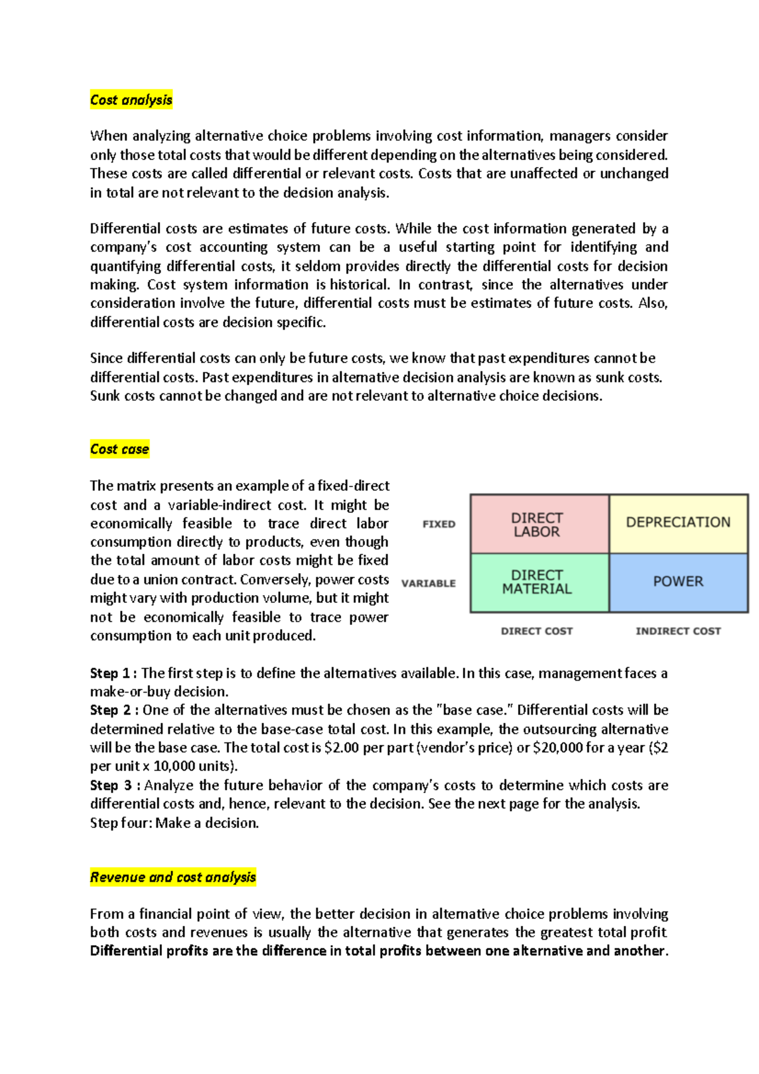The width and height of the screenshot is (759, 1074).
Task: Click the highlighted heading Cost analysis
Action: tap(131, 100)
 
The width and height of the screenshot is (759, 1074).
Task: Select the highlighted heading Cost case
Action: tap(120, 449)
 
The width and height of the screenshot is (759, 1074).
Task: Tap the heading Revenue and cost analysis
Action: tap(173, 877)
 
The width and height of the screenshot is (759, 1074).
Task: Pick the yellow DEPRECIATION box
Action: tap(678, 522)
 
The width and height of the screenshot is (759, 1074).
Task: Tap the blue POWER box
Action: tap(678, 581)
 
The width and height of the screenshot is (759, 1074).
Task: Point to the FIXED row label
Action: tap(439, 524)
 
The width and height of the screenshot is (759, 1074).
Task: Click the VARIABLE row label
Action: tap(428, 583)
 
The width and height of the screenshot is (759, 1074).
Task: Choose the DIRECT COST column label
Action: tap(536, 631)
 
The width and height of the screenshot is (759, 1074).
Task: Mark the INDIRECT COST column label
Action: tap(678, 631)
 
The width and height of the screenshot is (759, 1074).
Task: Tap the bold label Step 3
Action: tap(111, 786)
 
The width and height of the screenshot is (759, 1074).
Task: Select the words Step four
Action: tap(120, 824)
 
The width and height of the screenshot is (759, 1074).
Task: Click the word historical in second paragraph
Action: tap(359, 285)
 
